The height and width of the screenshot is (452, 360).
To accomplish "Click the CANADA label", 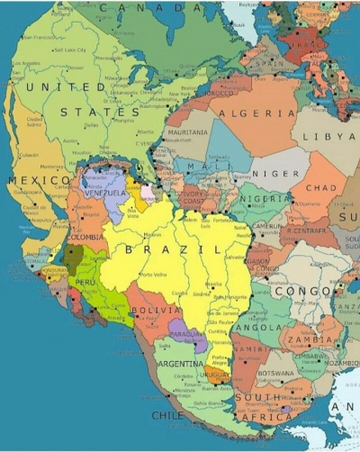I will [x=151, y=7].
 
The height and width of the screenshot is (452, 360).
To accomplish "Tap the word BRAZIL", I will [x=174, y=249].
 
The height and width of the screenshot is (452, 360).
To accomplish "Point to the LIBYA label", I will [x=335, y=135].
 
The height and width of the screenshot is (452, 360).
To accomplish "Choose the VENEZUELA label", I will [x=105, y=193].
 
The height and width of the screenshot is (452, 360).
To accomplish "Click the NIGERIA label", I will [x=264, y=198].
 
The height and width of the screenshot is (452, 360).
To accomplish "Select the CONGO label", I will [x=301, y=292].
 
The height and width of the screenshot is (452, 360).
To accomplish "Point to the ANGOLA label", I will [x=259, y=328].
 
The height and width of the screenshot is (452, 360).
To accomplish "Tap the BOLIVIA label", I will [x=148, y=311].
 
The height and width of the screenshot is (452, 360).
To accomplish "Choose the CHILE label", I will [x=167, y=416].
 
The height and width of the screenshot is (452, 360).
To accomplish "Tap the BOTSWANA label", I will [x=276, y=371].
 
